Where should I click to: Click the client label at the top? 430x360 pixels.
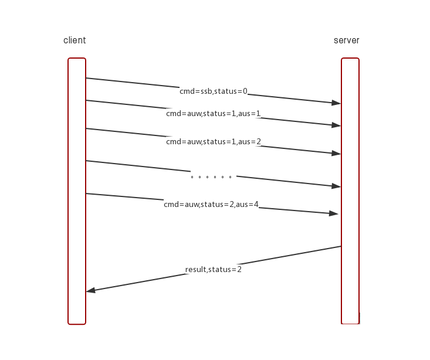pyautogui.click(x=75, y=40)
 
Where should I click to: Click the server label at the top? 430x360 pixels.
pyautogui.click(x=346, y=40)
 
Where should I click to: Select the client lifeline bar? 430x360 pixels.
pyautogui.click(x=77, y=191)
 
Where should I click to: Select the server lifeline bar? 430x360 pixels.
pyautogui.click(x=350, y=191)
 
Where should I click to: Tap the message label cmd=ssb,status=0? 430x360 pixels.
pyautogui.click(x=214, y=91)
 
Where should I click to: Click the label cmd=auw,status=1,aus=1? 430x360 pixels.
pyautogui.click(x=213, y=114)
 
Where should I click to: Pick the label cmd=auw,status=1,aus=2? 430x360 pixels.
pyautogui.click(x=213, y=142)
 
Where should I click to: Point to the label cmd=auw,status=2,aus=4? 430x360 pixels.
pyautogui.click(x=211, y=205)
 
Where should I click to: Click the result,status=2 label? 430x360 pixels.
pyautogui.click(x=214, y=270)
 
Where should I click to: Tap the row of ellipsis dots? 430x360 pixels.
pyautogui.click(x=211, y=176)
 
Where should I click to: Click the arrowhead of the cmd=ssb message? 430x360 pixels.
pyautogui.click(x=336, y=103)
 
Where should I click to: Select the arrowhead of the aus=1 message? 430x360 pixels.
pyautogui.click(x=336, y=125)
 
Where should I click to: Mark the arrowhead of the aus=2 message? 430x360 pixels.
pyautogui.click(x=336, y=154)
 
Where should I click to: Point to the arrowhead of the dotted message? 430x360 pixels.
pyautogui.click(x=336, y=186)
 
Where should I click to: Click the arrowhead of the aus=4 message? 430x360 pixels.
pyautogui.click(x=334, y=214)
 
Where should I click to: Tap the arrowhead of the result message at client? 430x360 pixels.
pyautogui.click(x=91, y=290)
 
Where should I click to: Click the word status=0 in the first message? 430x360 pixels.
pyautogui.click(x=231, y=91)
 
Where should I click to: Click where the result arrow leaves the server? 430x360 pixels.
pyautogui.click(x=341, y=246)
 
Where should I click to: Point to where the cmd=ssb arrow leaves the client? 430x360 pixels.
pyautogui.click(x=87, y=78)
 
